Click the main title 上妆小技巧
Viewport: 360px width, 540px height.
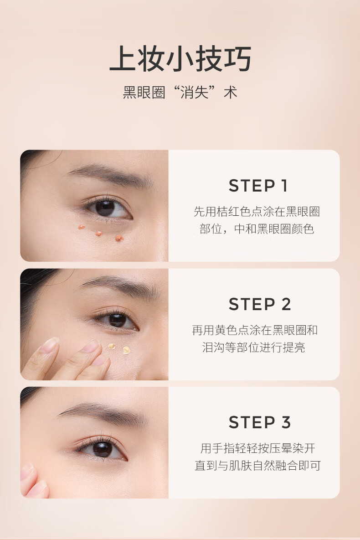tap(180, 59)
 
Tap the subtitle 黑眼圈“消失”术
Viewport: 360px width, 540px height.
tap(180, 93)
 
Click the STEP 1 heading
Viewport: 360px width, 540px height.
tap(258, 186)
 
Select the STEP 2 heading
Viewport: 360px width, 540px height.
tap(260, 305)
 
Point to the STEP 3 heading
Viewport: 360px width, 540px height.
tap(260, 423)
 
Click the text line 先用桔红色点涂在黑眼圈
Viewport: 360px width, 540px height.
tap(257, 212)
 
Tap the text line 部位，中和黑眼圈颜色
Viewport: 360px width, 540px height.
tap(257, 228)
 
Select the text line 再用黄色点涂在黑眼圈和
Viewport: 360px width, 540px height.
tap(255, 330)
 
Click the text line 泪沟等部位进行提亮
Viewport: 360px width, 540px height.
tap(254, 348)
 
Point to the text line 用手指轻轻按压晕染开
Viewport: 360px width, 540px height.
tap(258, 448)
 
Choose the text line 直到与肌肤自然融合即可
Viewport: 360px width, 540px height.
tap(258, 466)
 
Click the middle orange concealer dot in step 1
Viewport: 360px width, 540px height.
tap(99, 234)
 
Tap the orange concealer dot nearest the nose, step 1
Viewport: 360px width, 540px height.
tap(119, 238)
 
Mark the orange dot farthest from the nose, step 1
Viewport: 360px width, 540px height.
tap(82, 227)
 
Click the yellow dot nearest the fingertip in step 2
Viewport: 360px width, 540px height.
tap(112, 346)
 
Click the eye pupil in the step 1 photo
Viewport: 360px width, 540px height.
tap(105, 208)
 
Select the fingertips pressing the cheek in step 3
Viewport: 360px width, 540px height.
tap(33, 482)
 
